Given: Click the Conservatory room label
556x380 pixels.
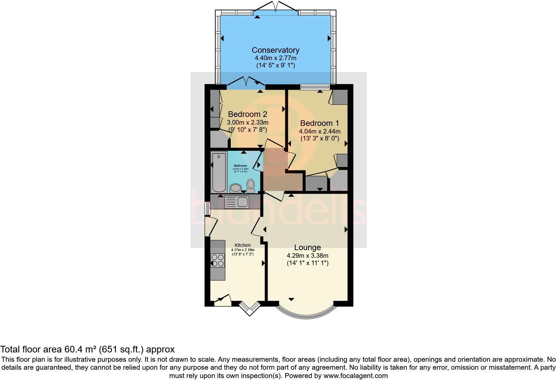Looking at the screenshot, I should [x=275, y=50].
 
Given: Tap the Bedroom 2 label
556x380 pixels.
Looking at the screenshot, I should [x=247, y=114].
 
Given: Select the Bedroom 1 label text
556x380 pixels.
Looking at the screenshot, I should [x=319, y=123].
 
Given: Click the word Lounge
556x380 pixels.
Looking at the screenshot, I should [x=307, y=247].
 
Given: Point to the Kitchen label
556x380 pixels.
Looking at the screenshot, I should [x=242, y=245].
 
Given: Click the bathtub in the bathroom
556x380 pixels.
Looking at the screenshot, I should [x=219, y=172].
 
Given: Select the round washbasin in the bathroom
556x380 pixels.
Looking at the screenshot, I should [x=236, y=188].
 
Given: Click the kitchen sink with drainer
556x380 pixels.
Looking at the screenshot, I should [x=236, y=202].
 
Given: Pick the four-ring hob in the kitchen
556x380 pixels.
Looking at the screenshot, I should [x=218, y=260].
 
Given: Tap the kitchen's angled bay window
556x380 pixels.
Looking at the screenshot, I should [x=250, y=308].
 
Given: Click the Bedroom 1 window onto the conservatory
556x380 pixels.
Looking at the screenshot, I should [x=315, y=87].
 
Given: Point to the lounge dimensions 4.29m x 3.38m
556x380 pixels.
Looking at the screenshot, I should [x=307, y=255].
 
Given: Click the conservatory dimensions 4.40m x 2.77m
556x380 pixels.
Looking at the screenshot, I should [x=275, y=58].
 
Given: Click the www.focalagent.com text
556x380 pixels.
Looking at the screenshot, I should [x=355, y=376].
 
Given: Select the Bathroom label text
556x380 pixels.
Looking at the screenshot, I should [x=240, y=166].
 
